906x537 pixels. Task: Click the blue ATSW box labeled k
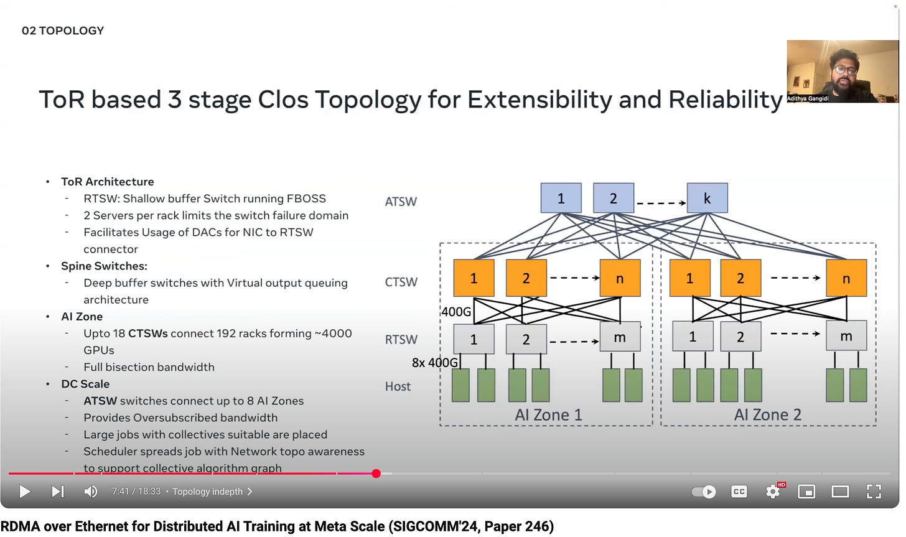[707, 198]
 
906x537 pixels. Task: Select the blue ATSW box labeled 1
[561, 198]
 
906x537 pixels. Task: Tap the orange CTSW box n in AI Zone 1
[620, 278]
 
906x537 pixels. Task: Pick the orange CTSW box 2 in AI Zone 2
[740, 278]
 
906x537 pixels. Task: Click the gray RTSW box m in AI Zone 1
[620, 337]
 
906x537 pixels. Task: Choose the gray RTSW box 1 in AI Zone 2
[693, 337]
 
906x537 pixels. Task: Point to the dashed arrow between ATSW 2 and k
[660, 203]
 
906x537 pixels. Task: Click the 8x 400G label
[434, 362]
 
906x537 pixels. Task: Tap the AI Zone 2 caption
[767, 414]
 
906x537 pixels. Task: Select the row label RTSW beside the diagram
[401, 339]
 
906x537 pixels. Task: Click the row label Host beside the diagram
[398, 386]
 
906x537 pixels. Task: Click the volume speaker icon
[90, 492]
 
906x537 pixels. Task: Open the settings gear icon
[773, 492]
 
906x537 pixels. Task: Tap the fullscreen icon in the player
[874, 492]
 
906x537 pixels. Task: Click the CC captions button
[739, 492]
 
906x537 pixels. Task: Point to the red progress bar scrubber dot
[376, 474]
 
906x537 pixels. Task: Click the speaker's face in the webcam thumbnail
[844, 69]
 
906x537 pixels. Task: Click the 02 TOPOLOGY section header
[63, 30]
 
